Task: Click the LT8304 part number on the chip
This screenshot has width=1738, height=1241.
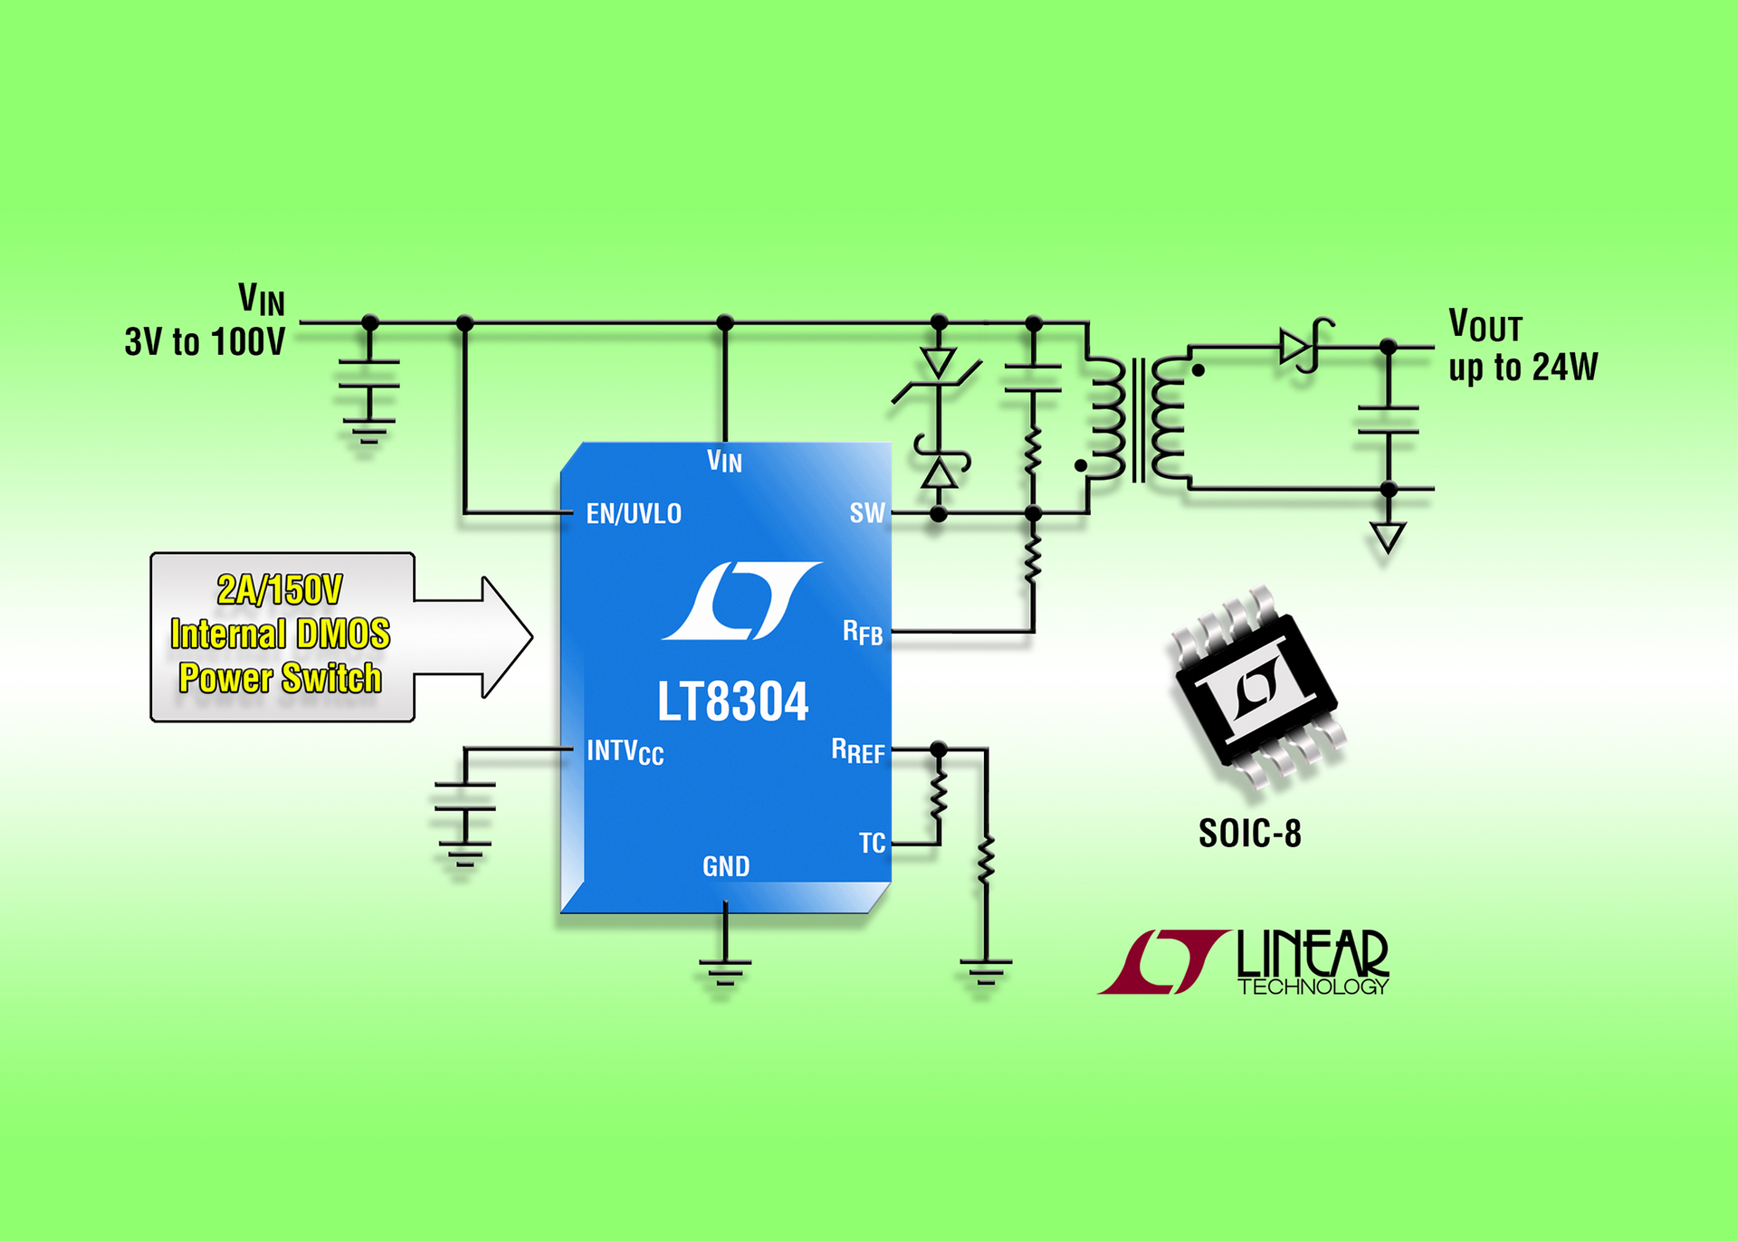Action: coord(732,702)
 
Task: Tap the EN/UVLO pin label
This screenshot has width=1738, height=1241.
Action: coord(634,514)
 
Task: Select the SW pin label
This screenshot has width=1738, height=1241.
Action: coord(866,513)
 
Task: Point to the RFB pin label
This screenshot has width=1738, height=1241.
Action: coord(863,633)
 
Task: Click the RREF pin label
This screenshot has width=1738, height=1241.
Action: coord(858,751)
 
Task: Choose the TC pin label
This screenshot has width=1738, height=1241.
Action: coord(872,844)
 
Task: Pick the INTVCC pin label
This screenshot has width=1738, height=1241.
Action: coord(625,752)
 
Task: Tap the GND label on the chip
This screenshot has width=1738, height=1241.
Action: coord(726,867)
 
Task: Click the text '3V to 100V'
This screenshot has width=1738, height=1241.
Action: coord(205,342)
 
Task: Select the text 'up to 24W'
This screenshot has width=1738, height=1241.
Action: coord(1523,368)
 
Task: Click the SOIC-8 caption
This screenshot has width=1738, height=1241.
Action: coord(1249,834)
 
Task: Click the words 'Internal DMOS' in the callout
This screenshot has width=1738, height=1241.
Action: coord(280,634)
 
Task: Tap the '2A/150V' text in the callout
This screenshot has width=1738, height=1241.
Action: coord(280,590)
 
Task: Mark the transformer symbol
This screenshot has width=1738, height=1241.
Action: coord(1138,418)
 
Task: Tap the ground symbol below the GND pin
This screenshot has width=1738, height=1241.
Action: coord(725,970)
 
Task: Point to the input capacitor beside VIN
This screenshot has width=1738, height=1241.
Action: coord(369,374)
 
